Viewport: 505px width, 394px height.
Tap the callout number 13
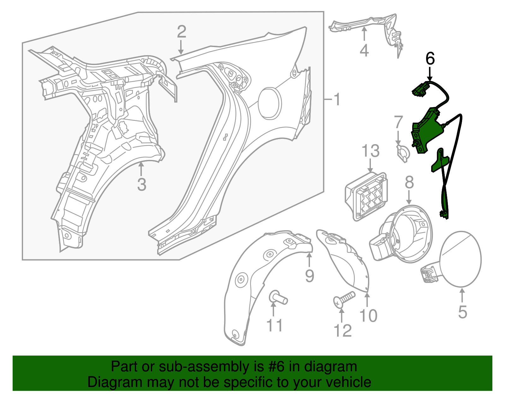click(371, 151)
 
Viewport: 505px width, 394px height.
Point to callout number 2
click(181, 32)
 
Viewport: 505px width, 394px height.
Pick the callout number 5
click(462, 312)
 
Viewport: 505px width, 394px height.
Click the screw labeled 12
click(344, 299)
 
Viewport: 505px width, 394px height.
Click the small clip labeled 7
click(403, 153)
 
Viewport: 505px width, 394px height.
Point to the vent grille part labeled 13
click(366, 196)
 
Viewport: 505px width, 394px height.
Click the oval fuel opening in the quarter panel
click(270, 103)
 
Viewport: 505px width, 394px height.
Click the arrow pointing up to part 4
click(364, 35)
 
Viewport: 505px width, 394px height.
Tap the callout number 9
click(310, 276)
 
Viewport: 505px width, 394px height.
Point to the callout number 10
click(368, 315)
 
